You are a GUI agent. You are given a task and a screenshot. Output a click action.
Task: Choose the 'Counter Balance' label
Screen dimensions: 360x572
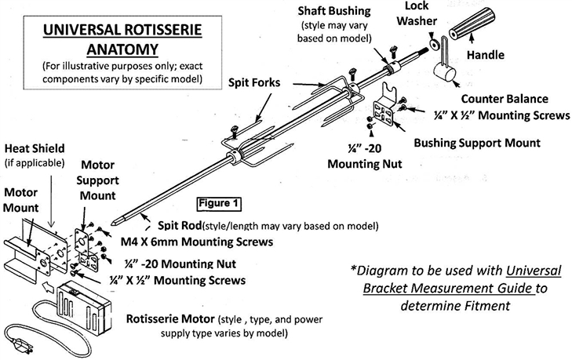pyautogui.click(x=505, y=100)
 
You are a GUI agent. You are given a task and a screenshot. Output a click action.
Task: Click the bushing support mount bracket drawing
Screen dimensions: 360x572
pyautogui.click(x=385, y=112)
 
